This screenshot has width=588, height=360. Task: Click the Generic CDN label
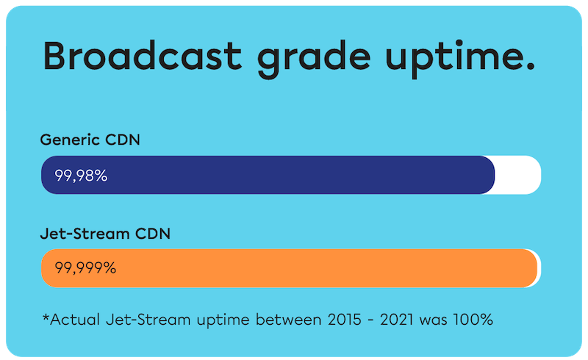(x=90, y=140)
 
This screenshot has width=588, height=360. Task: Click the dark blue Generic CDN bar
(x=294, y=176)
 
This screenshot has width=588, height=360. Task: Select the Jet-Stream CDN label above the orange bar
(x=104, y=234)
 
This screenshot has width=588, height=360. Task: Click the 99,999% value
(x=86, y=268)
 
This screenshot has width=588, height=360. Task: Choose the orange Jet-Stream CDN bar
(x=309, y=268)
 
